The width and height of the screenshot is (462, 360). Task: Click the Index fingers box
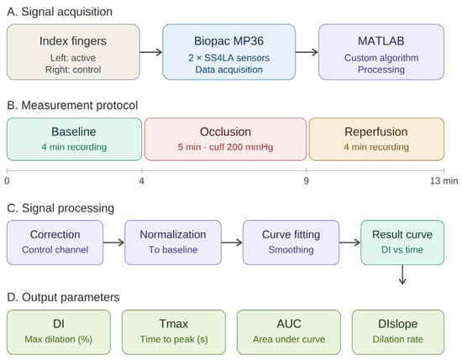(73, 52)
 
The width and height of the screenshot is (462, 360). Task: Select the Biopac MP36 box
(229, 52)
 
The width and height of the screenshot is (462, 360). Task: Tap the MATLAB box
(381, 52)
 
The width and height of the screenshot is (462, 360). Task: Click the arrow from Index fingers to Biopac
(151, 52)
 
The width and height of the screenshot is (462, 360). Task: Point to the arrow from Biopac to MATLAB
(307, 52)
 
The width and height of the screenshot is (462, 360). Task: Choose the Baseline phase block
(74, 139)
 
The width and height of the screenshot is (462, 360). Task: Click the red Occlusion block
(225, 139)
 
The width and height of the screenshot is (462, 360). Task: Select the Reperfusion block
(376, 139)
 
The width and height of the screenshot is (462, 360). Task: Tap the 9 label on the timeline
(307, 180)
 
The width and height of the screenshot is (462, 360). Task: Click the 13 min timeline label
(444, 180)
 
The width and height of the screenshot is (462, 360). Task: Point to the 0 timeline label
(7, 180)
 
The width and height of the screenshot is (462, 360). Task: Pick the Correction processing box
(55, 243)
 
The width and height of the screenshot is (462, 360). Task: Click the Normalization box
(173, 243)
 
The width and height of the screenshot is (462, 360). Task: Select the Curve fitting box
(291, 243)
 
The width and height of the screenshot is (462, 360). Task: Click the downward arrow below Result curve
(402, 274)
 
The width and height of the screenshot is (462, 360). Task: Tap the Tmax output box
(174, 332)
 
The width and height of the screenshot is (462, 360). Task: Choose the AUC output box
(289, 332)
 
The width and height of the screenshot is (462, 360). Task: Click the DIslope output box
(398, 332)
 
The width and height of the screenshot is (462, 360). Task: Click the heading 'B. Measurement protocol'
(72, 106)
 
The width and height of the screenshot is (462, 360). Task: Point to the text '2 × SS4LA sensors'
(229, 58)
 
